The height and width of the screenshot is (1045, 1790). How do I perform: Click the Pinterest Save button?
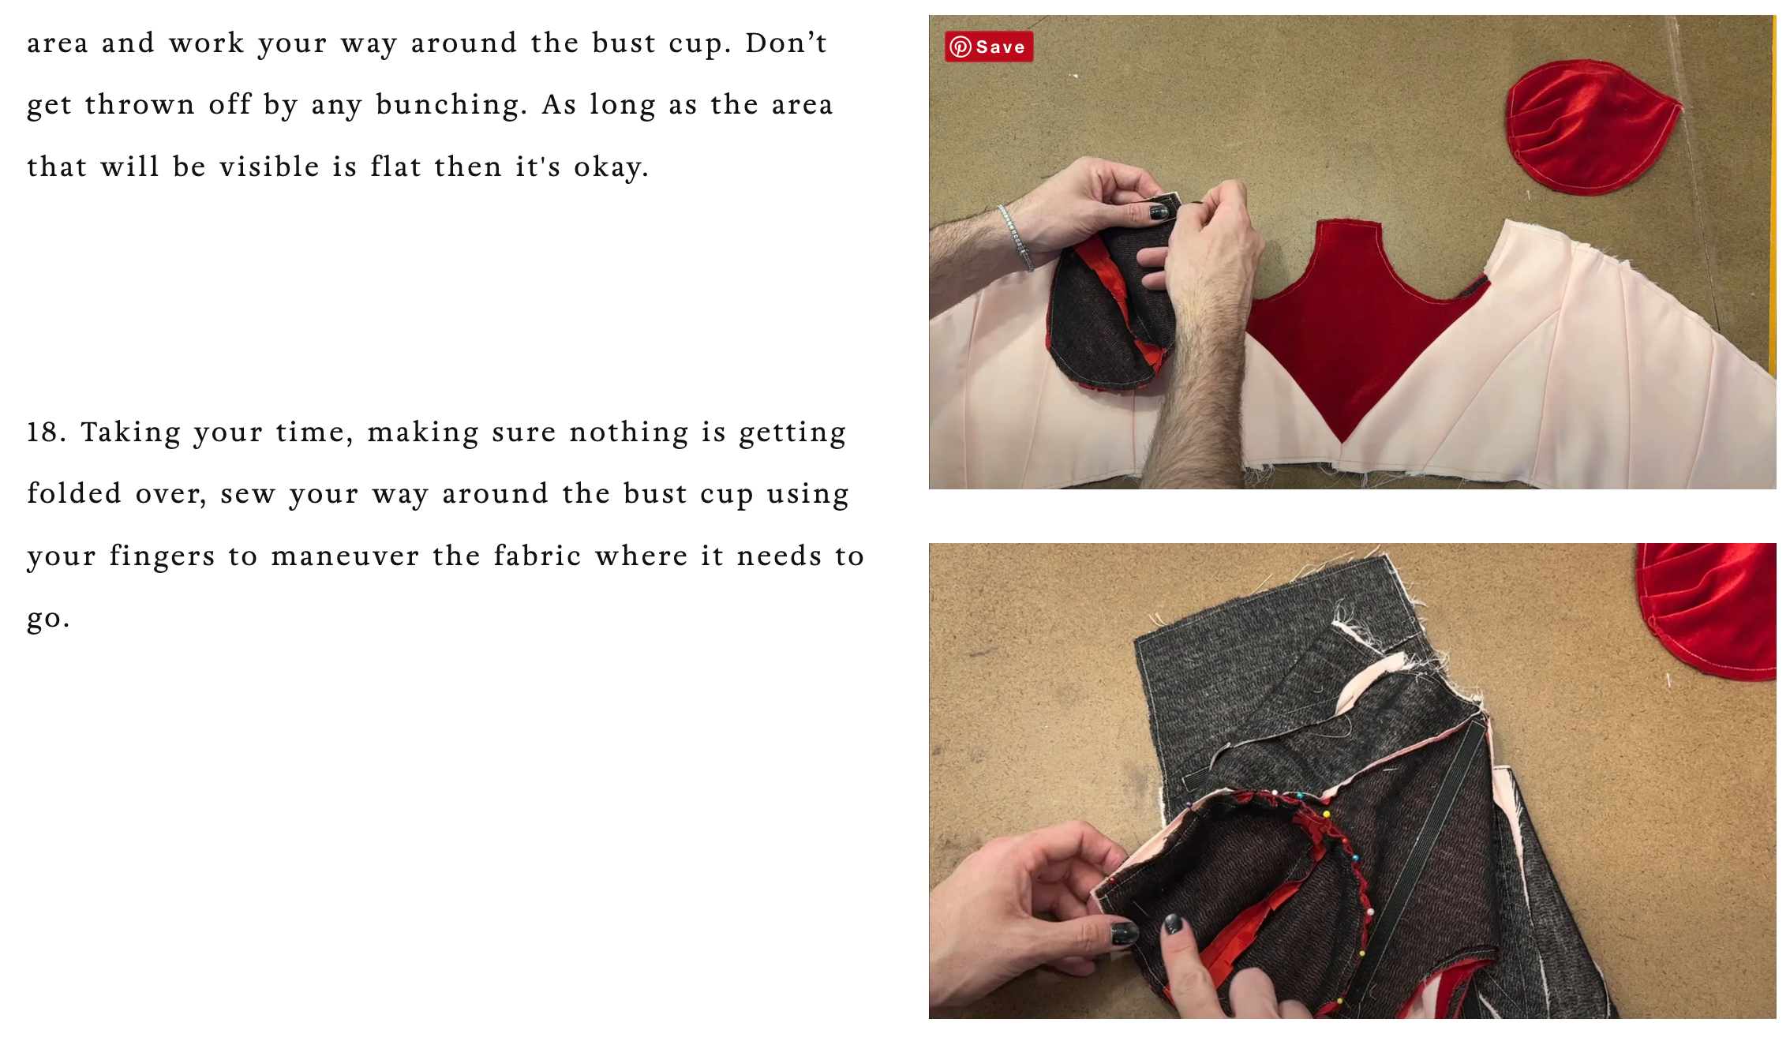click(x=989, y=47)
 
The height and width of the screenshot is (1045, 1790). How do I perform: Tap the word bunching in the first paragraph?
click(x=451, y=105)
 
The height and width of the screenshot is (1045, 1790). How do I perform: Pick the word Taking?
click(x=131, y=433)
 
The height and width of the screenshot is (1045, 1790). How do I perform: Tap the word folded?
click(x=74, y=493)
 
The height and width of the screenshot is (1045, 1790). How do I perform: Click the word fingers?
click(x=162, y=556)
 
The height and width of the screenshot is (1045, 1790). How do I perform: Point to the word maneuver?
click(x=344, y=556)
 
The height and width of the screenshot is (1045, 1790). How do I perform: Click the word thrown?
click(x=140, y=104)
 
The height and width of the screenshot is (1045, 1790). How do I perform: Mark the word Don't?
click(x=786, y=43)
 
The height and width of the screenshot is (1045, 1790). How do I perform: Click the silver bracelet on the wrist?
click(x=1016, y=237)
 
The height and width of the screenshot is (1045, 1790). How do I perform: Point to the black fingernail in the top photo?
click(x=1159, y=212)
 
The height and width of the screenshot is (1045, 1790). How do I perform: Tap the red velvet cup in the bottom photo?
click(x=1711, y=608)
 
